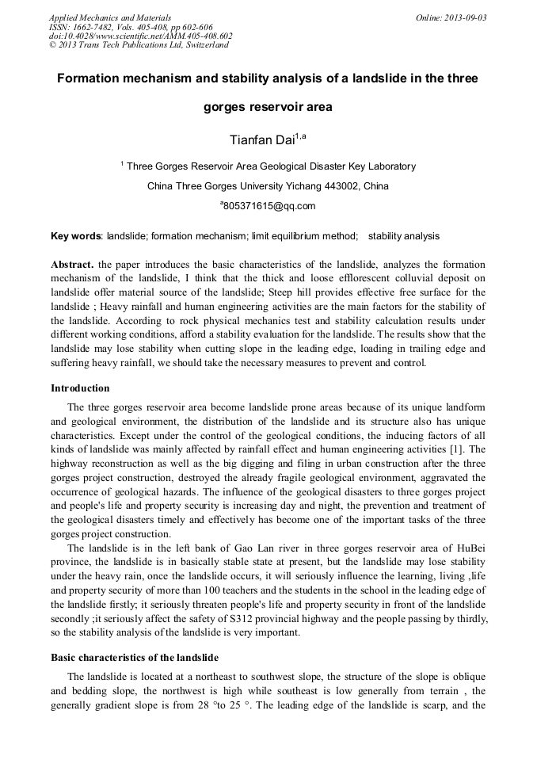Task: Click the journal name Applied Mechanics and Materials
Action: (x=109, y=17)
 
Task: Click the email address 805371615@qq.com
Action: (x=269, y=206)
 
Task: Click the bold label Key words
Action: (x=76, y=236)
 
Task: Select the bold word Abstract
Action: (x=72, y=264)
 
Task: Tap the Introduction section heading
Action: (x=80, y=388)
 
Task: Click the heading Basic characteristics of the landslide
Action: (x=135, y=658)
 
